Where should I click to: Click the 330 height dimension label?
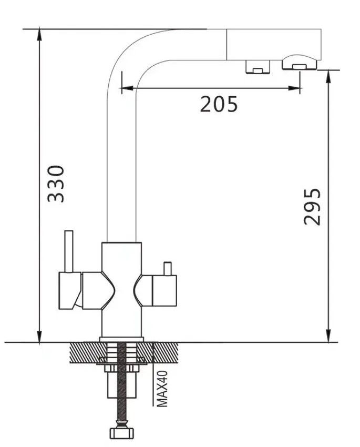coord(56,184)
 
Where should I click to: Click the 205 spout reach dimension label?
coord(219,104)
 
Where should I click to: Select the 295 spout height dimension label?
coord(312,207)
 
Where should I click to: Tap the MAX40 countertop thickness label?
coord(162,389)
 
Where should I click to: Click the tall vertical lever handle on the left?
coord(69,251)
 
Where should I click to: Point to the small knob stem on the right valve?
coord(167,269)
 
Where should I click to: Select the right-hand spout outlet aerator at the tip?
coord(299,63)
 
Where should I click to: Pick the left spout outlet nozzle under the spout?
coord(258,67)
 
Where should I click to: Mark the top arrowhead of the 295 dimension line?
coord(328,76)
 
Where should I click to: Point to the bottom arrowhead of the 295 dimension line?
coord(328,336)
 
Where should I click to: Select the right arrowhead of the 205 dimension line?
coord(294,88)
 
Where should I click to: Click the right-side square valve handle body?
coord(164,291)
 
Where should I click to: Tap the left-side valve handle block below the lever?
coord(70,291)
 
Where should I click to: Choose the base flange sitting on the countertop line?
coord(121,339)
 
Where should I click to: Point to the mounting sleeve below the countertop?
coord(121,385)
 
